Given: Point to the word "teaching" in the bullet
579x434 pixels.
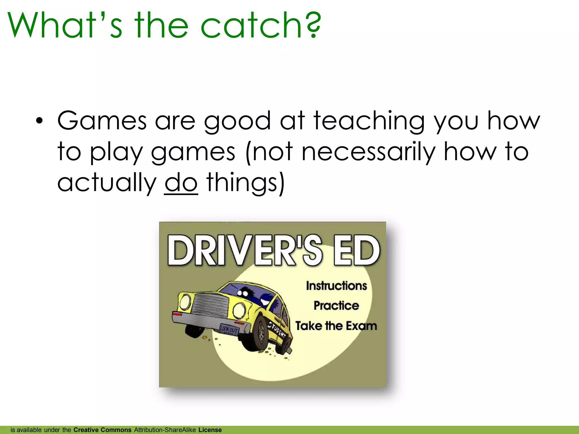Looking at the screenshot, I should (369, 121).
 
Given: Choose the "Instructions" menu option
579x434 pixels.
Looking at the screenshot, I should (336, 286).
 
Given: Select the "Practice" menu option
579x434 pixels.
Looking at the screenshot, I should (336, 306).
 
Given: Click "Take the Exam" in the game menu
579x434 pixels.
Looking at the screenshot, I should (336, 326).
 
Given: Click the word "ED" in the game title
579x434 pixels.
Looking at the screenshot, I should (357, 251).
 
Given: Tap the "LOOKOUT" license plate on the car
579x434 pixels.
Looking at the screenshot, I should (229, 329).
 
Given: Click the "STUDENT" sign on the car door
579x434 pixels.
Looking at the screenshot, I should (277, 329).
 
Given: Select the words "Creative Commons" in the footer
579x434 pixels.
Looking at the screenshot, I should (102, 430).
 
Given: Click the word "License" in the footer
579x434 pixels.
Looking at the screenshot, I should (210, 430).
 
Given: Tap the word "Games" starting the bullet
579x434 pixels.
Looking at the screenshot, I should (102, 121).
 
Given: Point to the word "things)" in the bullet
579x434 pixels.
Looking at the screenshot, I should (245, 183).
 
